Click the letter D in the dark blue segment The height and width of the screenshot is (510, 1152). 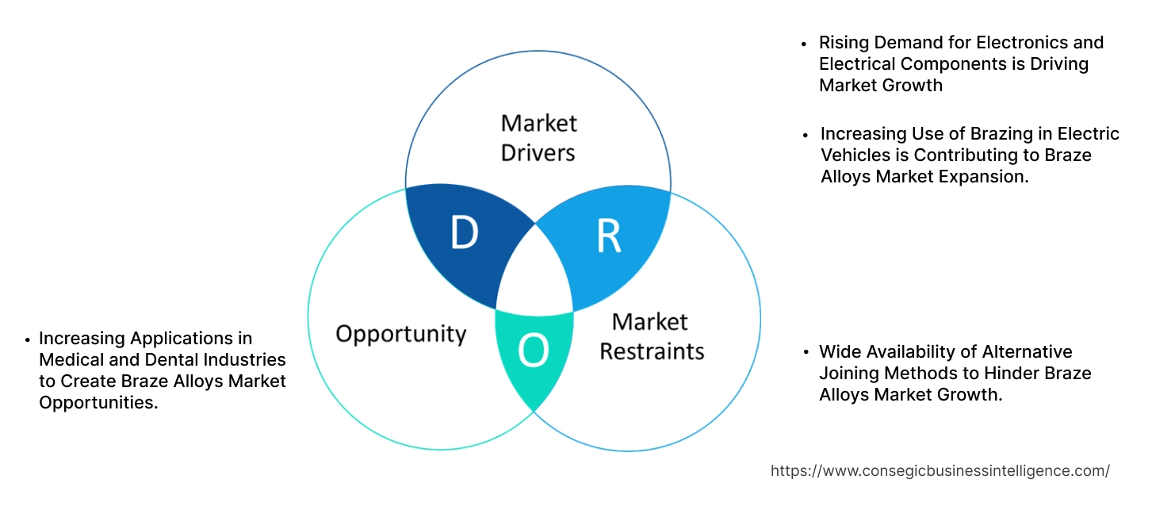tap(464, 232)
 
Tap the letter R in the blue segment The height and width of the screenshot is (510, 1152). tap(609, 235)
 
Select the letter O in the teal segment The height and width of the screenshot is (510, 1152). tap(534, 351)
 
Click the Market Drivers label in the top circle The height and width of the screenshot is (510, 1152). tap(538, 137)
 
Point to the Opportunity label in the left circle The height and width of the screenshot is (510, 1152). tap(400, 333)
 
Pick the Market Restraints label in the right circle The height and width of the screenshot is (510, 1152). tap(651, 336)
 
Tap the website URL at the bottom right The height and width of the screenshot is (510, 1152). tap(940, 470)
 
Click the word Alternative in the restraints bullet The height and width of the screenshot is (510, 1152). tap(1027, 352)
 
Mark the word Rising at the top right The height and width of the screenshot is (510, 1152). tap(844, 43)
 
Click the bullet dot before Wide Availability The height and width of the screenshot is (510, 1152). tap(806, 353)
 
